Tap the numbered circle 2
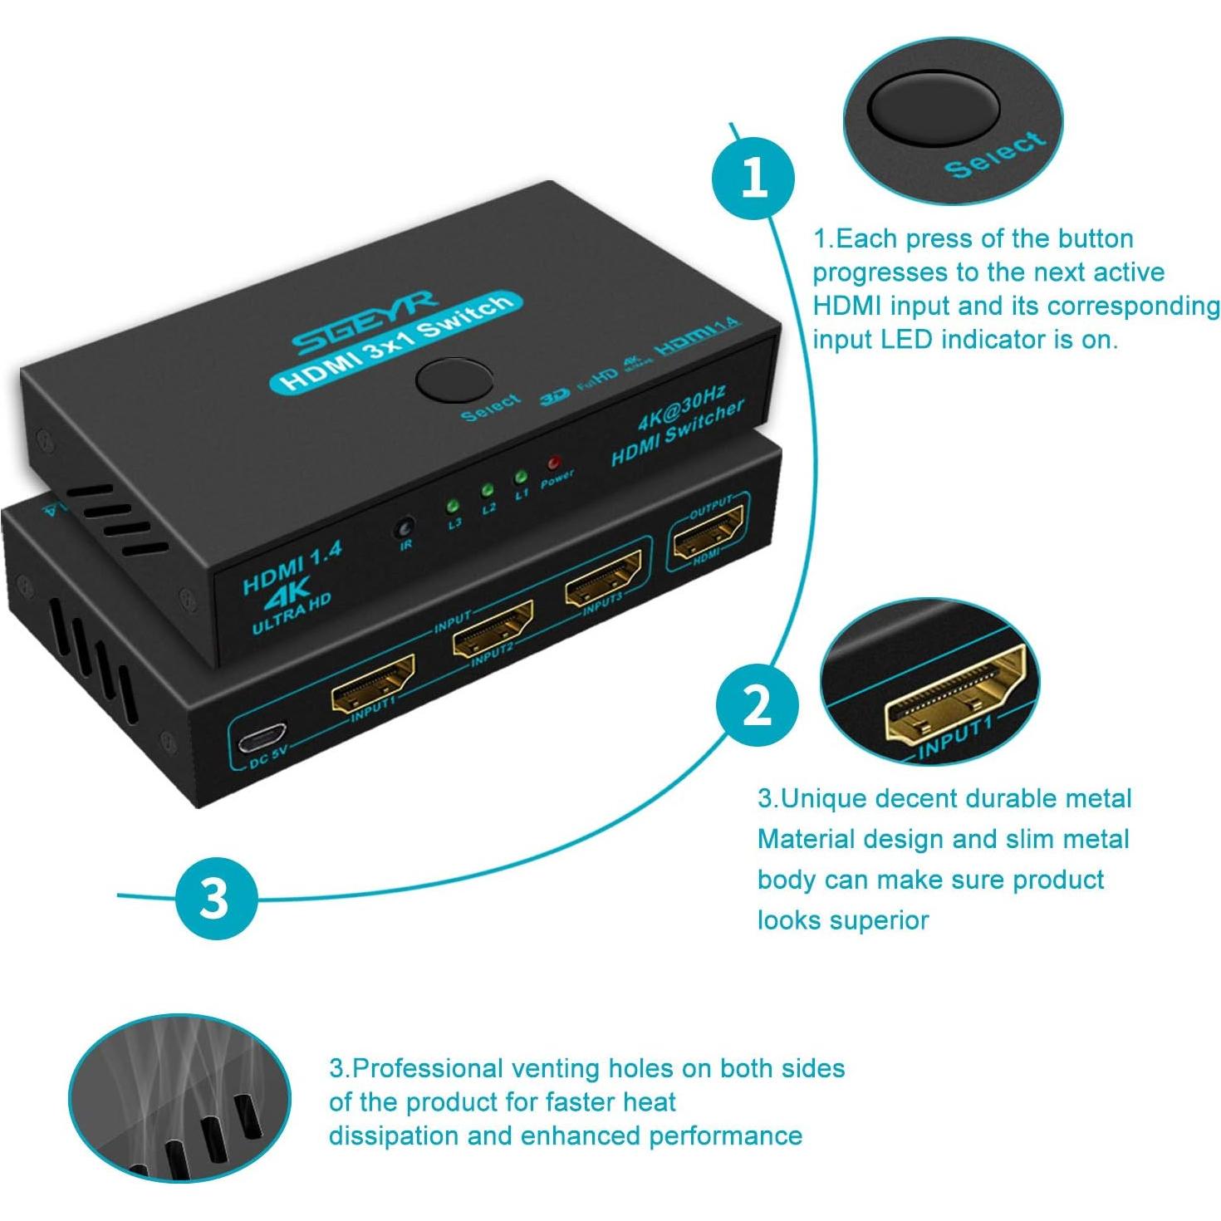coord(757,707)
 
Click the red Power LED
coord(553,463)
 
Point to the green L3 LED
coord(453,505)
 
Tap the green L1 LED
coord(520,477)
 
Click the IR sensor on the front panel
coord(405,528)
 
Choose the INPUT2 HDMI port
coord(493,630)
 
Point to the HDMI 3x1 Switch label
coord(397,341)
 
